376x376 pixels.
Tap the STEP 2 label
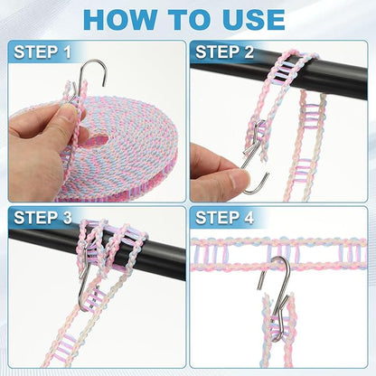point(227,52)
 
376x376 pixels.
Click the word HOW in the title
point(117,19)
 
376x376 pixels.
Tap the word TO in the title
point(187,19)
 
